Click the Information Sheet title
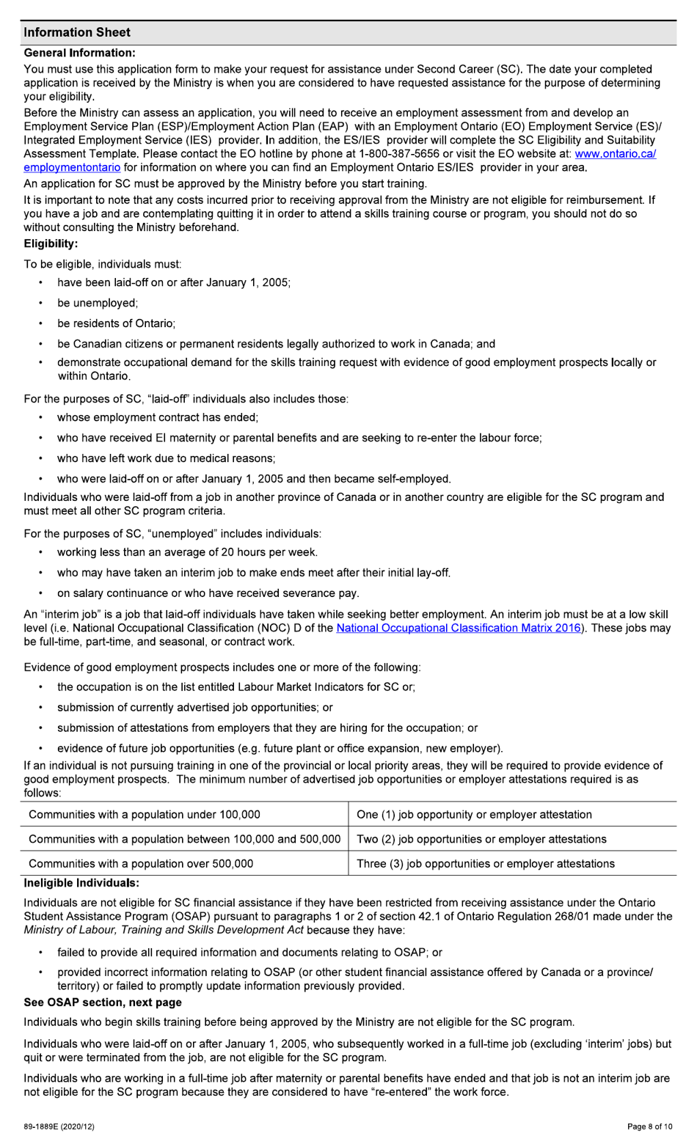click(x=77, y=32)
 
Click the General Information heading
click(x=79, y=53)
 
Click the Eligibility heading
click(x=51, y=243)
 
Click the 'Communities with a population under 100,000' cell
click(x=145, y=814)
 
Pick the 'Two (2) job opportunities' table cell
click(x=481, y=839)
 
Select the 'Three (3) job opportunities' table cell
click(x=486, y=863)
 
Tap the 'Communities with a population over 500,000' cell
click(x=141, y=863)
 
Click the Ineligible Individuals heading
click(x=81, y=882)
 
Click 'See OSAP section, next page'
click(x=103, y=1002)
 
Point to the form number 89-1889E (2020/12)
click(x=59, y=1126)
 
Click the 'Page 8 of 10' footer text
click(x=649, y=1126)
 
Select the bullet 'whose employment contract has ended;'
click(x=158, y=417)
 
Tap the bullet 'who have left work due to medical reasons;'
click(x=167, y=458)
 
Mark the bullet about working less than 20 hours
click(x=187, y=552)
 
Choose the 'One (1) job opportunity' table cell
click(x=474, y=814)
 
